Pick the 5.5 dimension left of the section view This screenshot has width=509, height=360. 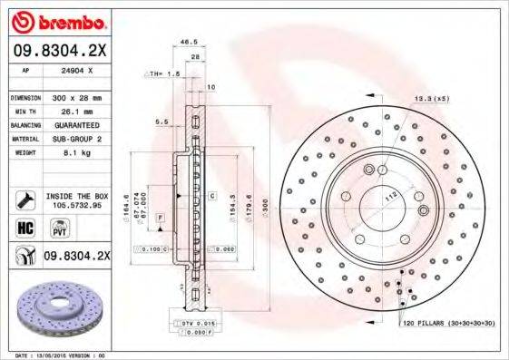(x=162, y=121)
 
